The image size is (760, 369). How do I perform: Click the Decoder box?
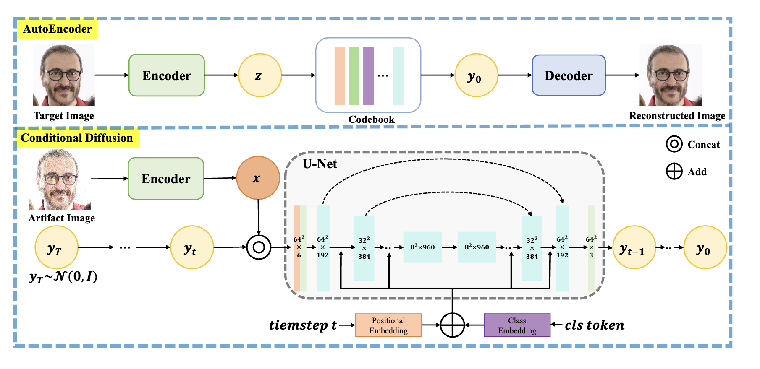pyautogui.click(x=569, y=75)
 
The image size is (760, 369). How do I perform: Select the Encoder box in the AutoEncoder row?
pyautogui.click(x=166, y=75)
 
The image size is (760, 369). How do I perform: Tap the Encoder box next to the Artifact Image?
pyautogui.click(x=165, y=179)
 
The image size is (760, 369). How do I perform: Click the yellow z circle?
pyautogui.click(x=259, y=75)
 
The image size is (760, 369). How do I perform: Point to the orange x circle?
pyautogui.click(x=258, y=178)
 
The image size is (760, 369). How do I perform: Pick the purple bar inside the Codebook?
pyautogui.click(x=368, y=75)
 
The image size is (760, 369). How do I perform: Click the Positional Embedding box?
pyautogui.click(x=388, y=325)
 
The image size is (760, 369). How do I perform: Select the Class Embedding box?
pyautogui.click(x=517, y=325)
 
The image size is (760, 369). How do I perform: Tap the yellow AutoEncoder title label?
pyautogui.click(x=57, y=29)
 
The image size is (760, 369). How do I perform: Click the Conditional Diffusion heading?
pyautogui.click(x=77, y=138)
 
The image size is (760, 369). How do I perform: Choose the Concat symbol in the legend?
pyautogui.click(x=674, y=144)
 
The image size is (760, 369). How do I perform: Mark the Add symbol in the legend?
pyautogui.click(x=674, y=172)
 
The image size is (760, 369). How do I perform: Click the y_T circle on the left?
pyautogui.click(x=56, y=247)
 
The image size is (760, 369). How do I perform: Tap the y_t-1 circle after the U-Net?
pyautogui.click(x=634, y=247)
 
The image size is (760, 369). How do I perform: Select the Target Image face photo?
pyautogui.click(x=64, y=75)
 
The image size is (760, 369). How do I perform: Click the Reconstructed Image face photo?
pyautogui.click(x=671, y=75)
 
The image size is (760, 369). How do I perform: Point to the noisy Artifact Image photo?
pyautogui.click(x=60, y=180)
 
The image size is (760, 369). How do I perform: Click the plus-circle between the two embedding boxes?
pyautogui.click(x=452, y=325)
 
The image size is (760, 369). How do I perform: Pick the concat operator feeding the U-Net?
pyautogui.click(x=259, y=247)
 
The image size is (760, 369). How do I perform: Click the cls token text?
pyautogui.click(x=594, y=325)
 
